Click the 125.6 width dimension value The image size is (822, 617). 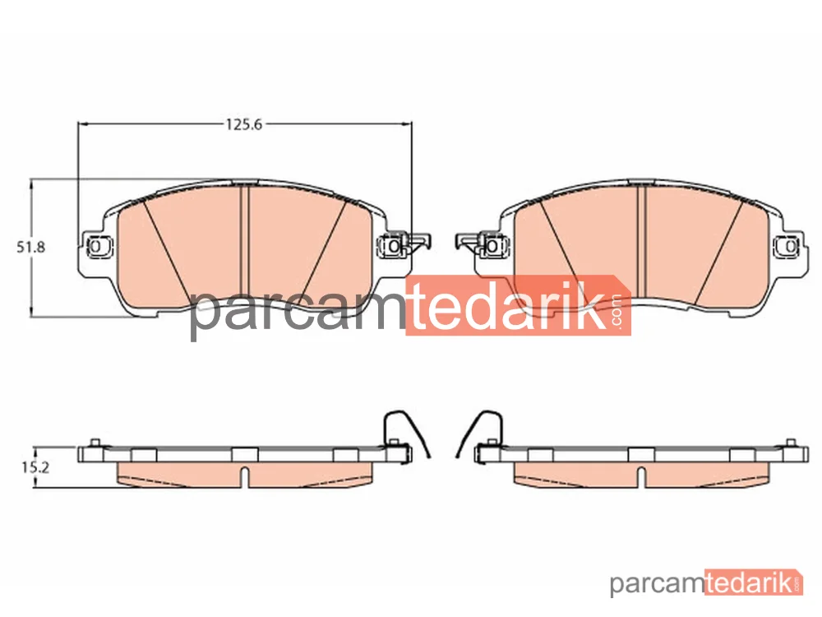(x=243, y=124)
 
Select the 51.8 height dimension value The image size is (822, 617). (x=31, y=247)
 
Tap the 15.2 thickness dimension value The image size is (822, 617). (x=35, y=467)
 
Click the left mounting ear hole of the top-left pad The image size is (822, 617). (x=95, y=245)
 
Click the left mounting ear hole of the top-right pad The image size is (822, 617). (x=492, y=246)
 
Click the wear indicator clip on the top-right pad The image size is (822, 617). (x=469, y=243)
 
